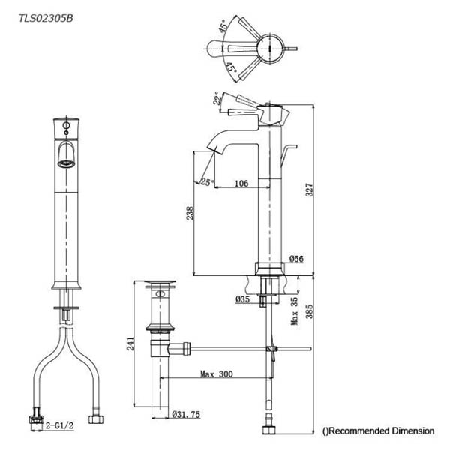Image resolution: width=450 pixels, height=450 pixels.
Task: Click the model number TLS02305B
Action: pos(46,18)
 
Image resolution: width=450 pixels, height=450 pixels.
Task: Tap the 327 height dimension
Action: pos(309,190)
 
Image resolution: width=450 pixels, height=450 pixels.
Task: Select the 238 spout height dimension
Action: pos(190,213)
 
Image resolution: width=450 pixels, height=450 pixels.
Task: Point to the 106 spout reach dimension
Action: pos(241,184)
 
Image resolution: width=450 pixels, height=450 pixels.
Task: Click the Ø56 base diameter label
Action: pos(296,259)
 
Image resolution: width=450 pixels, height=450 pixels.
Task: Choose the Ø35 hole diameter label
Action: pos(242,299)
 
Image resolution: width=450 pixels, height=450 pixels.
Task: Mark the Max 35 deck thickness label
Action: pos(295,310)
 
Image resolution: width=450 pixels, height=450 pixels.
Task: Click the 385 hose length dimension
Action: pos(309,311)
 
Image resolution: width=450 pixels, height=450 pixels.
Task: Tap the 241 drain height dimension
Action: pos(130,343)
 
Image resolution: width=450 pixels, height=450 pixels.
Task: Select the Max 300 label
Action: pos(217,374)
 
